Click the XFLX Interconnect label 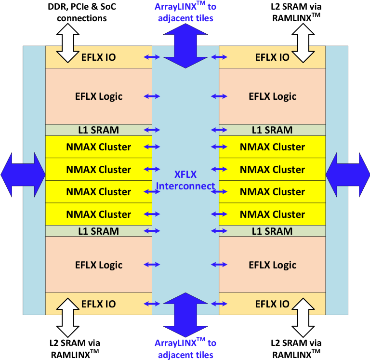coord(185,180)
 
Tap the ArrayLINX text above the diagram coord(185,13)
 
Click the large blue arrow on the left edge coord(23,174)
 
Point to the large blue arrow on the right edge coord(347,174)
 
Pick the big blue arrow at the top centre coord(185,46)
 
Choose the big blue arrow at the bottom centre coord(185,314)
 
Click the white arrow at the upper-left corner coord(68,43)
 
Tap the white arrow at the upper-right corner coord(303,43)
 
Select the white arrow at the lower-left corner coord(68,317)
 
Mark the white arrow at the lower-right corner coord(303,317)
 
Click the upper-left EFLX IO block coord(99,57)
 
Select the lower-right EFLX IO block coord(272,304)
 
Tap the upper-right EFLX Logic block coord(272,96)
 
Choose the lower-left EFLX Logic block coord(99,265)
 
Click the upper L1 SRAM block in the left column coord(99,130)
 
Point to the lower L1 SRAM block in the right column coord(272,231)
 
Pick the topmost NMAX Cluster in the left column coord(99,147)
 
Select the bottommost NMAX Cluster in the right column coord(272,214)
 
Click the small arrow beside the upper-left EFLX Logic coord(152,96)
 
